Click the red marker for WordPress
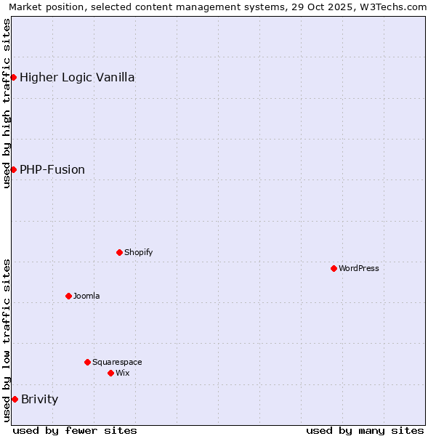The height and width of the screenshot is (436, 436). point(334,268)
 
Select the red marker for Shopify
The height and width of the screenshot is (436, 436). point(119,252)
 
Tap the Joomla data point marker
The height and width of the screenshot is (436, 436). point(68,296)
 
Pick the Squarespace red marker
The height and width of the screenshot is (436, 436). point(87,362)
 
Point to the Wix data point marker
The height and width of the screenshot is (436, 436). point(110,373)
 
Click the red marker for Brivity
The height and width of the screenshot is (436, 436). point(15,399)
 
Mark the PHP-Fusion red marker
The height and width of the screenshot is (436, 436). point(13,169)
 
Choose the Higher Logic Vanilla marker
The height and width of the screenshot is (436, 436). point(13,77)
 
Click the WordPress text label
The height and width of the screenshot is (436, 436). point(359,268)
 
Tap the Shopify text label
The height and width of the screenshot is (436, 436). point(138,252)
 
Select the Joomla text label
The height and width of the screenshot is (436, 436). point(86,296)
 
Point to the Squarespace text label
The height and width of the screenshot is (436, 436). point(117,362)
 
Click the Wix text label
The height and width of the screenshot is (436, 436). point(122,373)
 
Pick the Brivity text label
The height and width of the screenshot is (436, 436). point(39,399)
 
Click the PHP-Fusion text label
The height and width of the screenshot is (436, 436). point(52,169)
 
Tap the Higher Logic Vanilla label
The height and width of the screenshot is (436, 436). point(77,77)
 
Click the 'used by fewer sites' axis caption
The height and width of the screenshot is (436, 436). point(75,430)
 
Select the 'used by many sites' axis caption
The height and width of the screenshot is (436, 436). point(365,430)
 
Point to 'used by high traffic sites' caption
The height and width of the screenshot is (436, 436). point(7,103)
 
